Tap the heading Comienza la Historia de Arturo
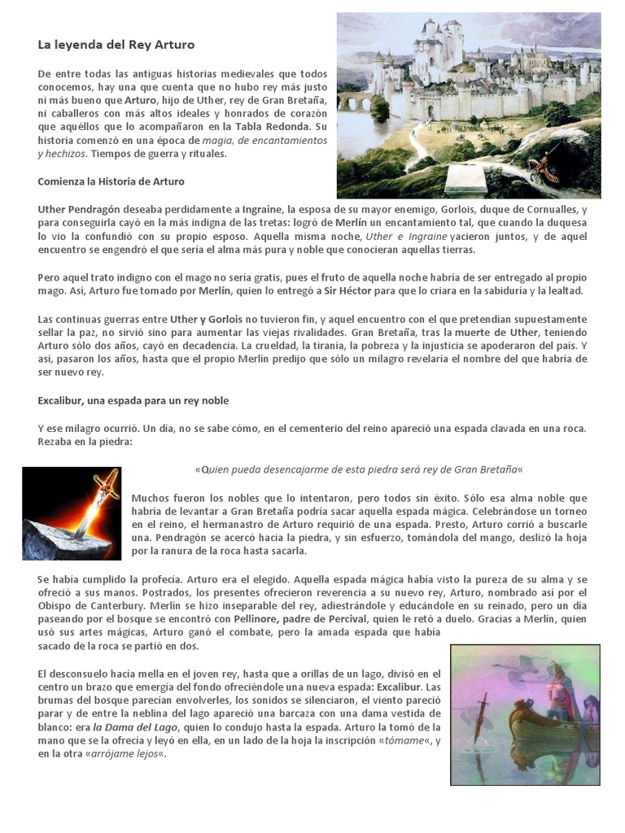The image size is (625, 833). (x=111, y=181)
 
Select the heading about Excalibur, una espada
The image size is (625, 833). (x=133, y=400)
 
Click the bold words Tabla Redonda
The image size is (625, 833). (x=275, y=127)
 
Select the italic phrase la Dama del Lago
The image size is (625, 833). (x=135, y=726)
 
